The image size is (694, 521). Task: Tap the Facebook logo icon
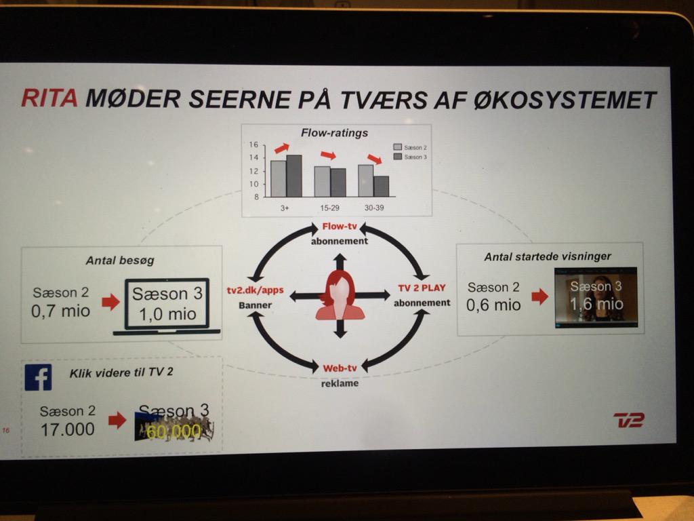tap(38, 377)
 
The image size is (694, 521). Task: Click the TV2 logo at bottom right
tap(628, 420)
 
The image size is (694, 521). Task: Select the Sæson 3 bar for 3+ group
tap(294, 176)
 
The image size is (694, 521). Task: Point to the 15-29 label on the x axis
tap(330, 208)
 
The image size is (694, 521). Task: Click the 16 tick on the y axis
tap(253, 144)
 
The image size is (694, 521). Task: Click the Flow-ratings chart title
tap(334, 133)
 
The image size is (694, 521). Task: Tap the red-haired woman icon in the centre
tap(340, 295)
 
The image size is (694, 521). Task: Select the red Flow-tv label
tap(340, 227)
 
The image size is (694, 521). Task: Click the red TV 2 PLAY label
tap(422, 288)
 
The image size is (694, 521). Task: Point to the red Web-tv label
tap(340, 368)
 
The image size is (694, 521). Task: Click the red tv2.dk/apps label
tap(255, 290)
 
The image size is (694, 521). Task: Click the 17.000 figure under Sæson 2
tap(67, 429)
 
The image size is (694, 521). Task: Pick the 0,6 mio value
tap(493, 305)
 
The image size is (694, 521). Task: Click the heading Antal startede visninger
tap(548, 256)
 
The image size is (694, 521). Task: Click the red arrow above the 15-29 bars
tap(328, 155)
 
